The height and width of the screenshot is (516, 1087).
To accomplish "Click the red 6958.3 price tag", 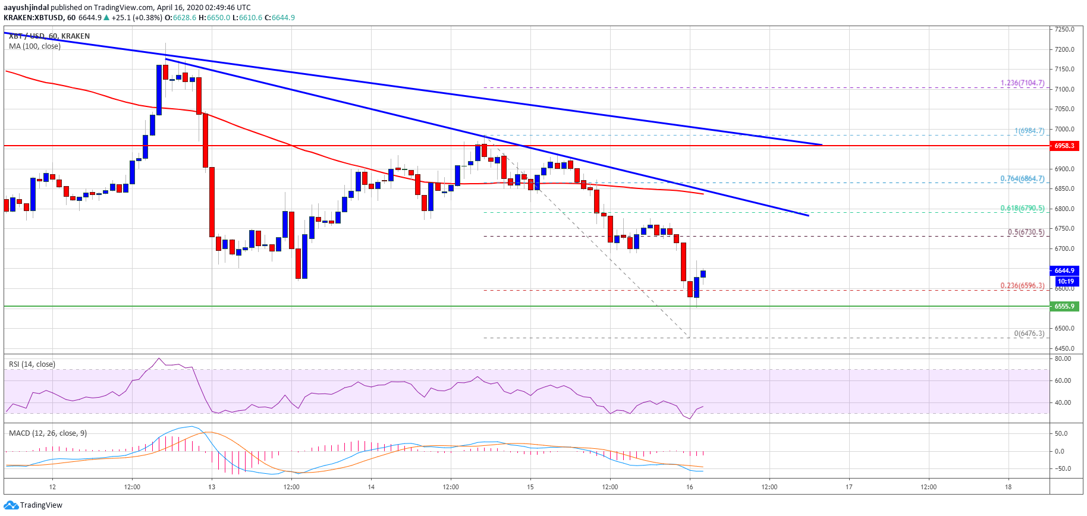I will (x=1064, y=146).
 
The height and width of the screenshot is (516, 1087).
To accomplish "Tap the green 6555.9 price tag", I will (x=1064, y=306).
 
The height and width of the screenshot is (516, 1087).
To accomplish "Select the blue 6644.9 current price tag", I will (x=1064, y=270).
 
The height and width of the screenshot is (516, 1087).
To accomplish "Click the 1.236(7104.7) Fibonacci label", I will (x=1022, y=83).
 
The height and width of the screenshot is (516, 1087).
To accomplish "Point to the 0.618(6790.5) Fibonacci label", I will (x=1022, y=209).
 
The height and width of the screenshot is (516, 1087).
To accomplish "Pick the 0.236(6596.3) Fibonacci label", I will (x=1022, y=286).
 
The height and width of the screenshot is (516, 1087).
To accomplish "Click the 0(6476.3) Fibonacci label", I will (x=1029, y=333).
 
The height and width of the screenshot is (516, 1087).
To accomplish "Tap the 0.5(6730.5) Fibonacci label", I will (x=1026, y=232).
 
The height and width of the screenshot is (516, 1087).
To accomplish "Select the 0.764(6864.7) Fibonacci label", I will (x=1022, y=179).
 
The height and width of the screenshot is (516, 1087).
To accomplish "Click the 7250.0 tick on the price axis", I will (x=1064, y=29).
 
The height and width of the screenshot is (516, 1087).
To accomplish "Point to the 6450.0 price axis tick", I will (x=1064, y=348).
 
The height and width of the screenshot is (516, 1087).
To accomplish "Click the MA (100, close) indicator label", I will (x=34, y=46).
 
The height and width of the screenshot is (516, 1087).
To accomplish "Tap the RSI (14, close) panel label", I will (x=32, y=364).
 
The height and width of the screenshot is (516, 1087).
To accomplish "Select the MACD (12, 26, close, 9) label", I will (x=48, y=433).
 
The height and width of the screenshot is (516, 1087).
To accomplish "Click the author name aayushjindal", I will (x=26, y=8).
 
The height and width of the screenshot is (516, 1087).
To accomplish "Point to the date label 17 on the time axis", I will (x=849, y=487).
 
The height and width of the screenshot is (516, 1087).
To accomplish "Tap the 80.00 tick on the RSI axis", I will (x=1063, y=359).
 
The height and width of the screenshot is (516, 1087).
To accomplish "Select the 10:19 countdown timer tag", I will (x=1066, y=281).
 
